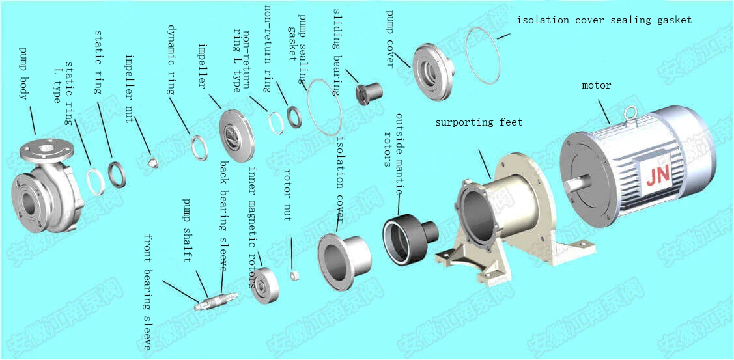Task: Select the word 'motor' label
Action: (x=597, y=85)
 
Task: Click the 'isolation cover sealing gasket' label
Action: (x=604, y=20)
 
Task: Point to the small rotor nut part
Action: (x=294, y=275)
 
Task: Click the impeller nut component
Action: (x=153, y=161)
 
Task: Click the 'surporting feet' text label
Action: (x=479, y=122)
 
